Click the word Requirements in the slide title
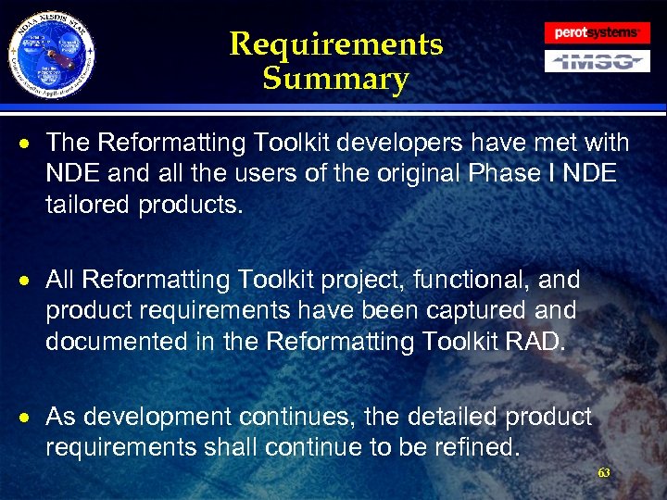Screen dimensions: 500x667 335,44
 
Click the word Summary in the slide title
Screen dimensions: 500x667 335,79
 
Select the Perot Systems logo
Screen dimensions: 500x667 597,32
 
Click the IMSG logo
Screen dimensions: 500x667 597,61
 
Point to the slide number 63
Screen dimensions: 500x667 604,472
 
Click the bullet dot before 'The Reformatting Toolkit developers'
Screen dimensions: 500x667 31,144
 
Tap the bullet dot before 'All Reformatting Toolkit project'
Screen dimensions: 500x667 31,281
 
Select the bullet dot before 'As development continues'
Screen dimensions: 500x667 31,418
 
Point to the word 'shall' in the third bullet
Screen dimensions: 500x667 223,447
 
